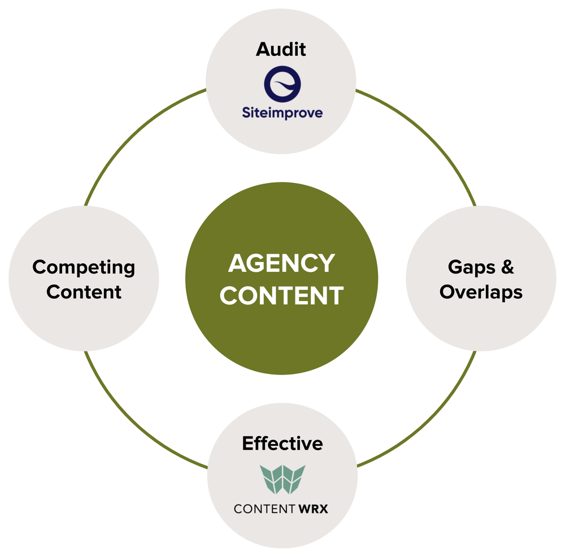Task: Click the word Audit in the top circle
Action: [281, 49]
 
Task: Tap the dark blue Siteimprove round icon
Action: [282, 84]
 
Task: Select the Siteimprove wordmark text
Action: [282, 113]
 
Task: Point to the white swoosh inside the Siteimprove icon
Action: [285, 85]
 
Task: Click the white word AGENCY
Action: [281, 264]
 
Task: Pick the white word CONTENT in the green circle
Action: [281, 295]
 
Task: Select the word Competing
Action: [84, 267]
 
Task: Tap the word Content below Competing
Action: [84, 292]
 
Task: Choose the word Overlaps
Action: [481, 292]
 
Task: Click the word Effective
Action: [282, 443]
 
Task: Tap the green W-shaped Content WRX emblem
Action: [282, 479]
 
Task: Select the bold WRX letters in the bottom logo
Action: [311, 510]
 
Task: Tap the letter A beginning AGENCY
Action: [237, 264]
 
